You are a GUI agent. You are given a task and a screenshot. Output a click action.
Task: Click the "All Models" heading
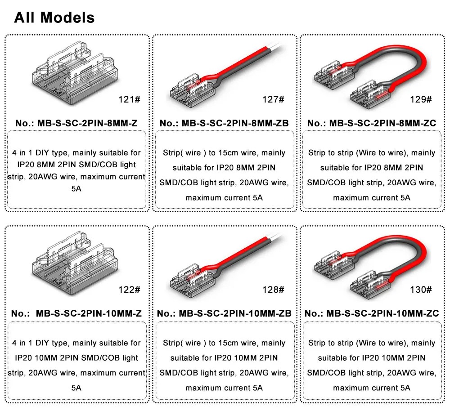pos(54,18)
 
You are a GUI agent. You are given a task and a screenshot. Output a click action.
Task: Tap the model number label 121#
pos(130,99)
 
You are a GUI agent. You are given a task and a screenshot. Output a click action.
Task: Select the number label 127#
pos(273,99)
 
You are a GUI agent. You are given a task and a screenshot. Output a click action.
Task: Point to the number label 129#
pos(421,99)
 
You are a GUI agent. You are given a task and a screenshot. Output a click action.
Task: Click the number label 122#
pos(130,290)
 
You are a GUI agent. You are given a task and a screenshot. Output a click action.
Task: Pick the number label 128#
pos(273,290)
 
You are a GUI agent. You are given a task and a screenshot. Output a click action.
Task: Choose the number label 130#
pos(421,290)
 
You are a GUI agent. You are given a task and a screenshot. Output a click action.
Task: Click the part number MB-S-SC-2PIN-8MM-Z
pos(88,123)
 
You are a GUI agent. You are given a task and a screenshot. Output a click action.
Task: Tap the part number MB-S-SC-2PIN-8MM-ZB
pos(235,123)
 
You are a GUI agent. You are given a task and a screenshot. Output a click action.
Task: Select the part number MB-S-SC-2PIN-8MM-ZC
pos(382,123)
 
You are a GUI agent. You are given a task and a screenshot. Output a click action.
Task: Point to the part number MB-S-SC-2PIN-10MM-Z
pos(89,313)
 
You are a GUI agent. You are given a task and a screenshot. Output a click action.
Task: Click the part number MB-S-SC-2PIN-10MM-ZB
pos(235,313)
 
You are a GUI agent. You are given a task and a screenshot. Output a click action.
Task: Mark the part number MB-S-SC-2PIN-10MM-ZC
pos(382,313)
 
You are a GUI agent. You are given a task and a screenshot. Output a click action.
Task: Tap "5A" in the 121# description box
pos(76,189)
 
